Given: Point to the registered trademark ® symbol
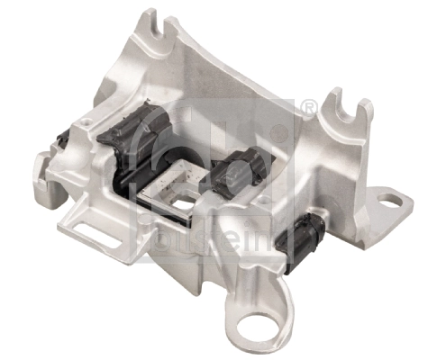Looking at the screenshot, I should [308, 109].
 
